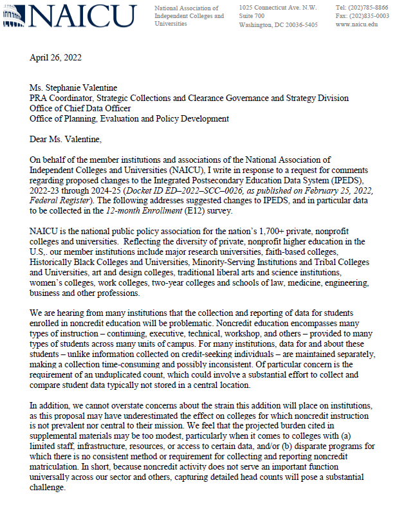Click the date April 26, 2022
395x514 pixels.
(x=56, y=58)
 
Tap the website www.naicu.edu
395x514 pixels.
(x=357, y=25)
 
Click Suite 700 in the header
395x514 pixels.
(x=252, y=16)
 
